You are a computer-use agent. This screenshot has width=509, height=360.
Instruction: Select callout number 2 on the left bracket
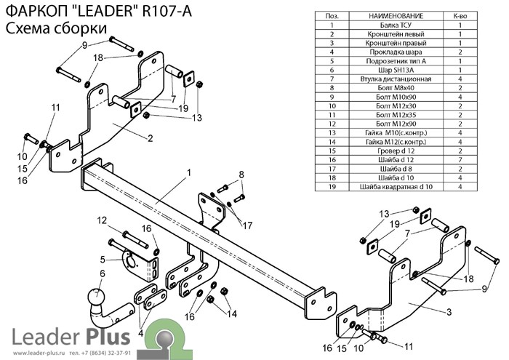149,138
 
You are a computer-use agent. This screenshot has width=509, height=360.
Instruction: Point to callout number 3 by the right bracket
449,312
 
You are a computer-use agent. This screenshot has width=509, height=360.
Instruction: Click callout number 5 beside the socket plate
103,259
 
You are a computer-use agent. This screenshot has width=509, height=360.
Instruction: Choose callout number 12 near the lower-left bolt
102,220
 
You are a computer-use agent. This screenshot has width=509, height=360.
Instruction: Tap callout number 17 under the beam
248,224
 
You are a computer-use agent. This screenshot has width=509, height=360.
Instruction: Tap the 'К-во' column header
460,15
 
